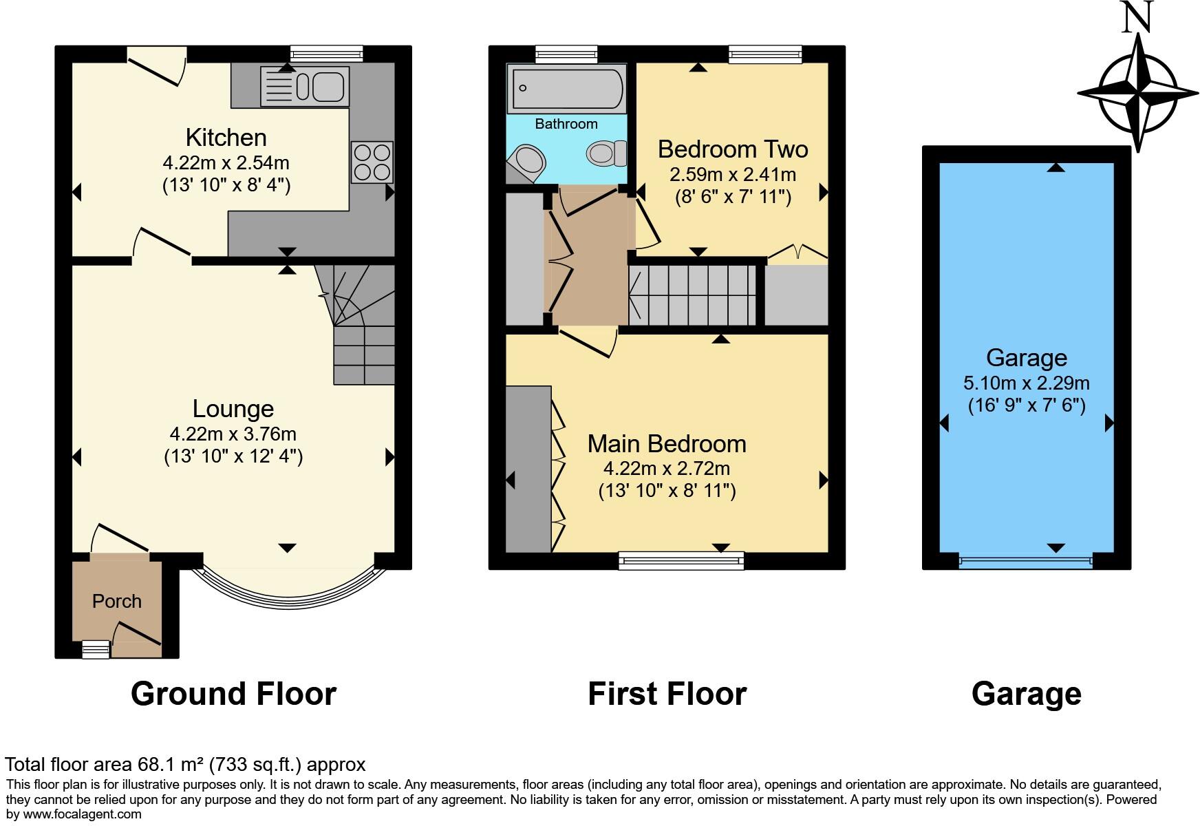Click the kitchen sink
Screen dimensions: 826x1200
click(x=305, y=87)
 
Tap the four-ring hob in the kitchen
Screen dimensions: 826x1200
click(x=372, y=162)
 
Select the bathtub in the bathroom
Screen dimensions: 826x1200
click(x=566, y=89)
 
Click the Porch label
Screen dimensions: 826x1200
click(x=117, y=602)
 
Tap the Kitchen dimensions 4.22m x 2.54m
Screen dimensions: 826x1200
click(x=226, y=164)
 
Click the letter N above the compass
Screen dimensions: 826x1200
click(x=1137, y=18)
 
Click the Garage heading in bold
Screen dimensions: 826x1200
click(x=1026, y=694)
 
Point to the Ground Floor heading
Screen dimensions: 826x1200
click(x=233, y=694)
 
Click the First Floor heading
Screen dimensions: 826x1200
click(x=667, y=694)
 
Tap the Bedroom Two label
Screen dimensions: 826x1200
click(x=732, y=149)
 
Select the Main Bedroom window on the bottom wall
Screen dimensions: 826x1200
click(x=681, y=561)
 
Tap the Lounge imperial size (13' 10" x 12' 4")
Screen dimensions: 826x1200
click(x=233, y=456)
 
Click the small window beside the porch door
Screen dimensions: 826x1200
click(x=96, y=649)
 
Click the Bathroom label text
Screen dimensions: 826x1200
click(x=566, y=125)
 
